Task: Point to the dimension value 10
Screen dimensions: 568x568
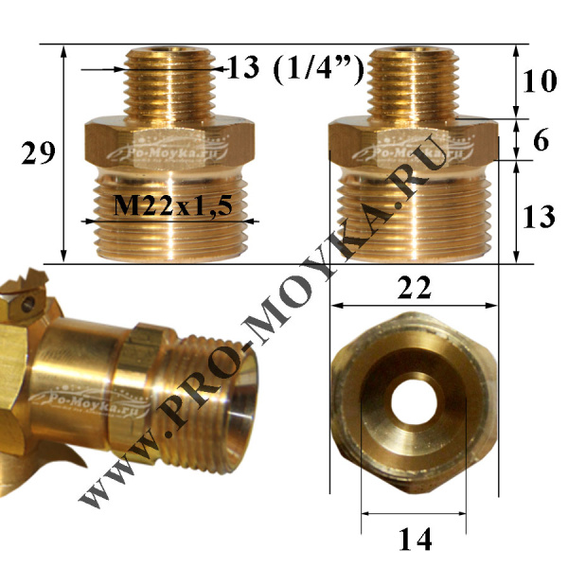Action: click(539, 81)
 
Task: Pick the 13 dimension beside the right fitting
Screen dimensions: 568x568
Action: click(539, 218)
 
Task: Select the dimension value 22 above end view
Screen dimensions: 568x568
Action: click(414, 287)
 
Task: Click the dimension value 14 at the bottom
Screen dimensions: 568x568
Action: click(413, 540)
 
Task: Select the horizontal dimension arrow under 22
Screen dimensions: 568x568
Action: click(415, 306)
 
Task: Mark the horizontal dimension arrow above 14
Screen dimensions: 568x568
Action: click(413, 514)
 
